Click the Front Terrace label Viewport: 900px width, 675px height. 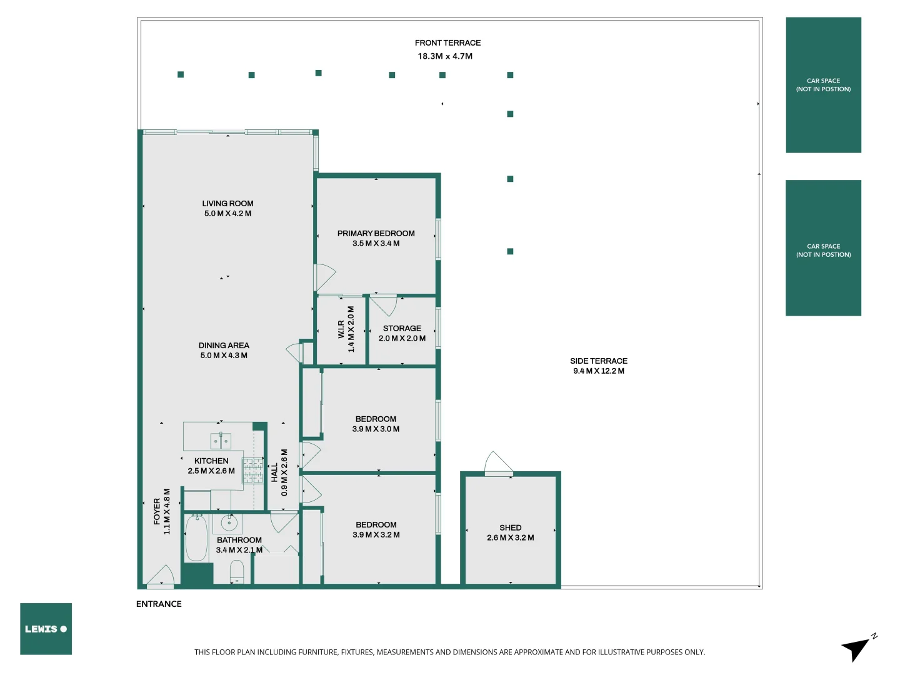(447, 43)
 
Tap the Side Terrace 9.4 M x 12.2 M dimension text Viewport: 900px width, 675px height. (598, 371)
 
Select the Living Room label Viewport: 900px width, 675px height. (227, 204)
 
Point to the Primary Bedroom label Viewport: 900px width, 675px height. (376, 234)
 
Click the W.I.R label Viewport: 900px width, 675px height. (341, 329)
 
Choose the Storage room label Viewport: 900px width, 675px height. (402, 329)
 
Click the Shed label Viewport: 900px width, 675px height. (510, 528)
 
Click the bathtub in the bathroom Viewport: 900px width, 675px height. (196, 538)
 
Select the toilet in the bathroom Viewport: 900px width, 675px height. (237, 570)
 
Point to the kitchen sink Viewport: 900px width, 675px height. (221, 441)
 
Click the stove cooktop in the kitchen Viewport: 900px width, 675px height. (252, 470)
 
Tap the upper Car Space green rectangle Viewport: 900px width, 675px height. (823, 85)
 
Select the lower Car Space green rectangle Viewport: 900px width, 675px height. (823, 248)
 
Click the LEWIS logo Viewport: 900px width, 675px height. (46, 629)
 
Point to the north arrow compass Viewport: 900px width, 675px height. (857, 648)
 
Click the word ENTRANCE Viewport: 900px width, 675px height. (159, 604)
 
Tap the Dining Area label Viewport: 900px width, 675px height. (224, 346)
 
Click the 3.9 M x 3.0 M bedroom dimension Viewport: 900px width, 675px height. (376, 429)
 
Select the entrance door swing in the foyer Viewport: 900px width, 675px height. (161, 576)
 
